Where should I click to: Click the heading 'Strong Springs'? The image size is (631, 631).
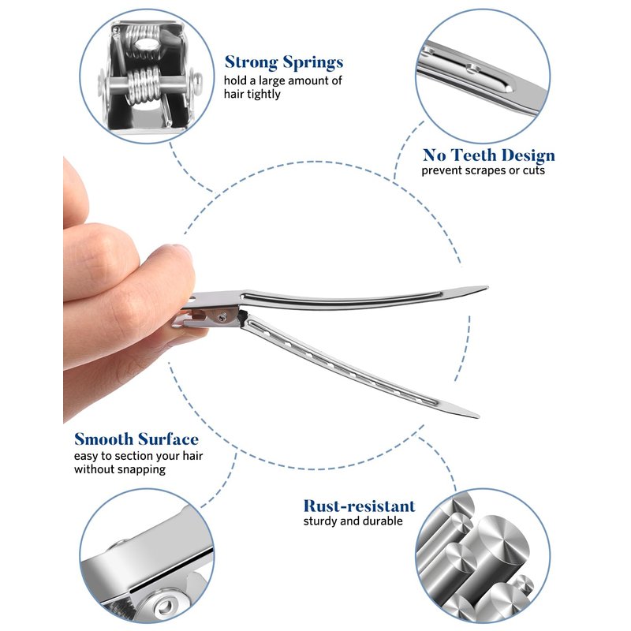tap(284, 63)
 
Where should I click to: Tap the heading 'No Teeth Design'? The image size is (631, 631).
tap(488, 155)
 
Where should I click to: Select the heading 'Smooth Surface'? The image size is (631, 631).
tap(136, 439)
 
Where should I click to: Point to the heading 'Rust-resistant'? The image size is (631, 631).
tap(359, 506)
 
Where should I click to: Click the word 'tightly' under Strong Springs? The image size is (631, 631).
tap(263, 94)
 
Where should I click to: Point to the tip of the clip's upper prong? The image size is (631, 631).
tap(487, 287)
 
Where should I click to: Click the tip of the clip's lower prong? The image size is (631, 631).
tap(478, 416)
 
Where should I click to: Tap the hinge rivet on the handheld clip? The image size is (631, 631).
tap(222, 318)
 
